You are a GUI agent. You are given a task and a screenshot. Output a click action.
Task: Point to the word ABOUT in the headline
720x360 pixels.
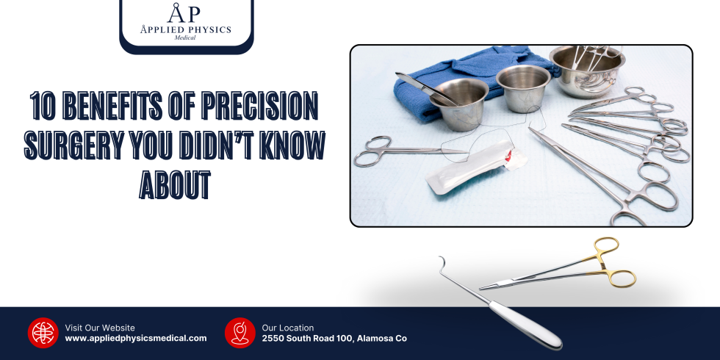coord(175,185)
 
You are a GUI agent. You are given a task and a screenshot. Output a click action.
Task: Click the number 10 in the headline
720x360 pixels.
coord(42,107)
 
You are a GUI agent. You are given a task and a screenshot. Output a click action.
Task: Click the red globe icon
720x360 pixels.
coord(43,333)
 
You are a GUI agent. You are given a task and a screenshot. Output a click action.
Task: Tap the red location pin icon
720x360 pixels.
coord(240,333)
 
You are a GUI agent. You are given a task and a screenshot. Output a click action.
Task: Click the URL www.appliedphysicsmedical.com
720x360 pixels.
coord(136,339)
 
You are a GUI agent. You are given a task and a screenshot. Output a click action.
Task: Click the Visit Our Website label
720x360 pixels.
coord(100,328)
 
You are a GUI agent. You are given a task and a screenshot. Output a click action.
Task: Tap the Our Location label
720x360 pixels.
coord(288,328)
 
